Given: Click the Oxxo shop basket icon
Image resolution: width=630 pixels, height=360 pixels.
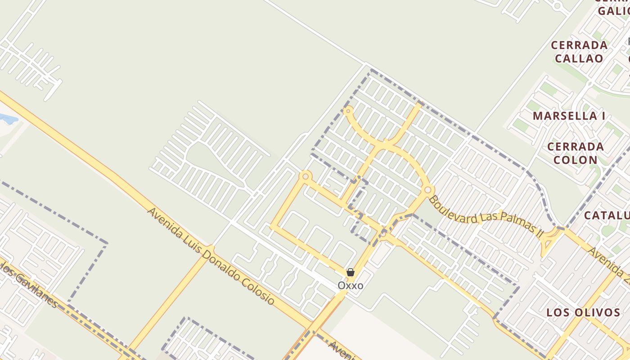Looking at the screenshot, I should click(351, 272).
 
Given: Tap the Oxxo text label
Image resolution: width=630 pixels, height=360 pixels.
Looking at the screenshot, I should click(351, 286).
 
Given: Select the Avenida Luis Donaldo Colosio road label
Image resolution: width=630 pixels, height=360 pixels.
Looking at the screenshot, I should click(211, 256).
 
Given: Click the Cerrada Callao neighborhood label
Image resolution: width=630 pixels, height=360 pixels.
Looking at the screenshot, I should click(579, 52).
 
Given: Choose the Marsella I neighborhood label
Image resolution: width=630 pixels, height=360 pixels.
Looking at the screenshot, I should click(569, 116).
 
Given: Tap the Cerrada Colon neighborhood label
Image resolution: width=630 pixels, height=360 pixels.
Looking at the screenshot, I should click(576, 153).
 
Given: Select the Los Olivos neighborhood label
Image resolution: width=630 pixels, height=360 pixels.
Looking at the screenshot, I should click(583, 312).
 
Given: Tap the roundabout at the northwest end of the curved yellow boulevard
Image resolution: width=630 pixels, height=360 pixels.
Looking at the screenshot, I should click(348, 110).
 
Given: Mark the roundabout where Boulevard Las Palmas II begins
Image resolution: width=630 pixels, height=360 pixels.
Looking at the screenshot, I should click(427, 190).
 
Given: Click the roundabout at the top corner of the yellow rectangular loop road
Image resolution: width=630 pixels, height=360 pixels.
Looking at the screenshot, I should click(306, 176).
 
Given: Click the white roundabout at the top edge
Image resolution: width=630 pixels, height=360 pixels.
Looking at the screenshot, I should click(558, 6).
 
